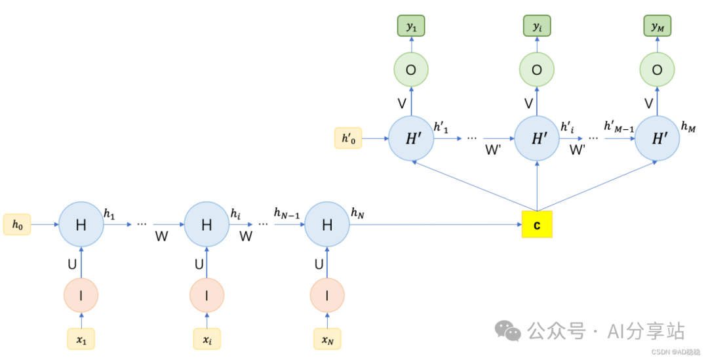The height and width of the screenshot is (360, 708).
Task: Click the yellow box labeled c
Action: pos(537,224)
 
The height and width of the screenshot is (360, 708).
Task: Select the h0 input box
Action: pos(17,224)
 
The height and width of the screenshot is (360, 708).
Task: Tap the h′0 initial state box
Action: pos(347,138)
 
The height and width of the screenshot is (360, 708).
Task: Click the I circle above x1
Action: pos(81,296)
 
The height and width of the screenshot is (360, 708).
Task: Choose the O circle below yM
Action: pos(657,70)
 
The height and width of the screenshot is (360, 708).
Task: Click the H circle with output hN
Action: pos(327,225)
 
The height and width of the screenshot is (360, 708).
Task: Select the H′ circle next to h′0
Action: pos(411,138)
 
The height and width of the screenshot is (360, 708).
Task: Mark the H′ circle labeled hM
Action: pos(657,138)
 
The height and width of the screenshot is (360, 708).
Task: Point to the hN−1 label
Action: pos(287,213)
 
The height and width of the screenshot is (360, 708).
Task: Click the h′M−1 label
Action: pos(619,126)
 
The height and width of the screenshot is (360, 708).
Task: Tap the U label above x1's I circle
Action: pos(72,264)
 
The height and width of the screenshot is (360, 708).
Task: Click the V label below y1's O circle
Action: pos(402,104)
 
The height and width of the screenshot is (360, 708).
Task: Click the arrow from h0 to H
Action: pos(45,225)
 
